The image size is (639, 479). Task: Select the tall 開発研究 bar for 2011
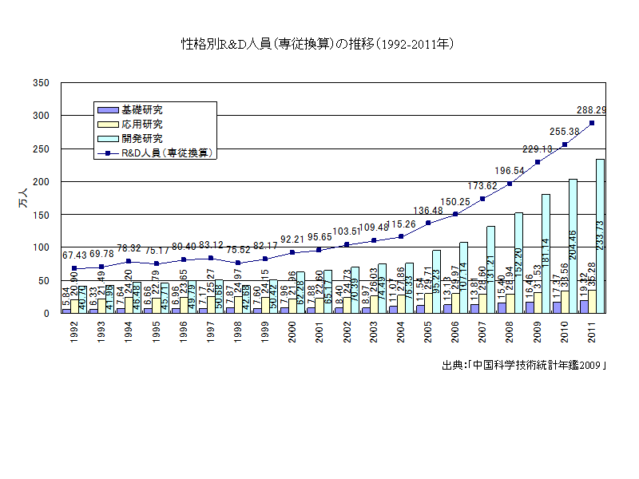600,236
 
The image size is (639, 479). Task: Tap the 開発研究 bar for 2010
573,246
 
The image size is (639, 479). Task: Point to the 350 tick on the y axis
42,83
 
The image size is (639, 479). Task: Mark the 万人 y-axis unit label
22,198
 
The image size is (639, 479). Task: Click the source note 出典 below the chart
524,366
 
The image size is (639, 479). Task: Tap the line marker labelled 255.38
565,144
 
